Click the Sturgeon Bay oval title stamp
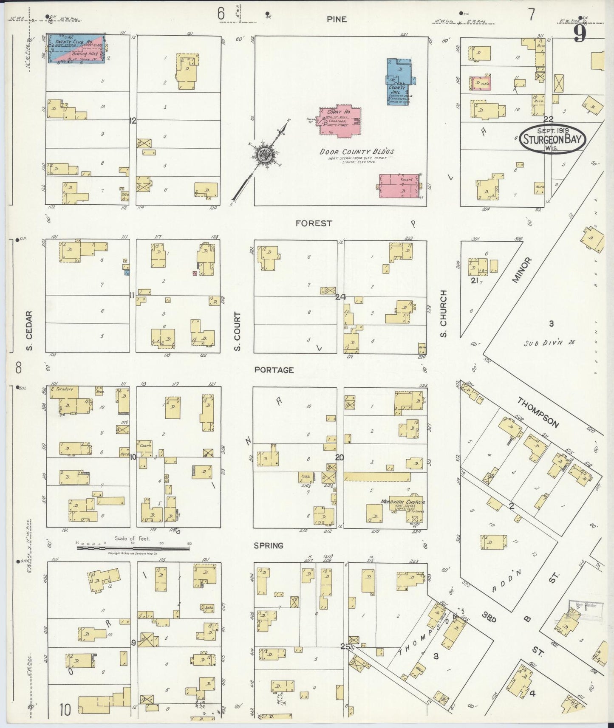(x=552, y=138)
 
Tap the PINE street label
(x=337, y=19)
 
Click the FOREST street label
(x=314, y=223)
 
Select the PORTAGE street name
(x=274, y=370)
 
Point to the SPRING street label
(x=269, y=545)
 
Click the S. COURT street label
(x=237, y=331)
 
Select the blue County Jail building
(x=399, y=81)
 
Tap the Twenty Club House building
(x=76, y=48)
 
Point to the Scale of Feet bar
(x=133, y=548)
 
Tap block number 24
(x=340, y=297)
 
